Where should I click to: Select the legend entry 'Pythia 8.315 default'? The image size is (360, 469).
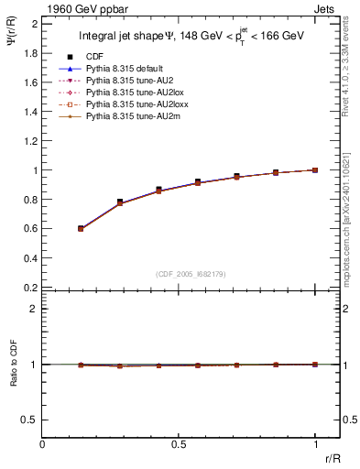pyautogui.click(x=123, y=69)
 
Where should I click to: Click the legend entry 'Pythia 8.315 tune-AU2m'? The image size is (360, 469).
pyautogui.click(x=127, y=116)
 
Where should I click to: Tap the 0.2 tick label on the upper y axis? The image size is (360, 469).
pyautogui.click(x=30, y=287)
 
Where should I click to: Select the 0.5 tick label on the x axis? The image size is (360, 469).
pyautogui.click(x=179, y=444)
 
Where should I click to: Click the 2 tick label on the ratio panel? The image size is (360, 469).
pyautogui.click(x=34, y=309)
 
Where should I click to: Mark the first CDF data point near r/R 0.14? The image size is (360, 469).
pyautogui.click(x=82, y=228)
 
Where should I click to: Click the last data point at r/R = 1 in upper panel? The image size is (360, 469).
pyautogui.click(x=315, y=169)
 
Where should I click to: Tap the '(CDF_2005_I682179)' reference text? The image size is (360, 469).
pyautogui.click(x=191, y=273)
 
